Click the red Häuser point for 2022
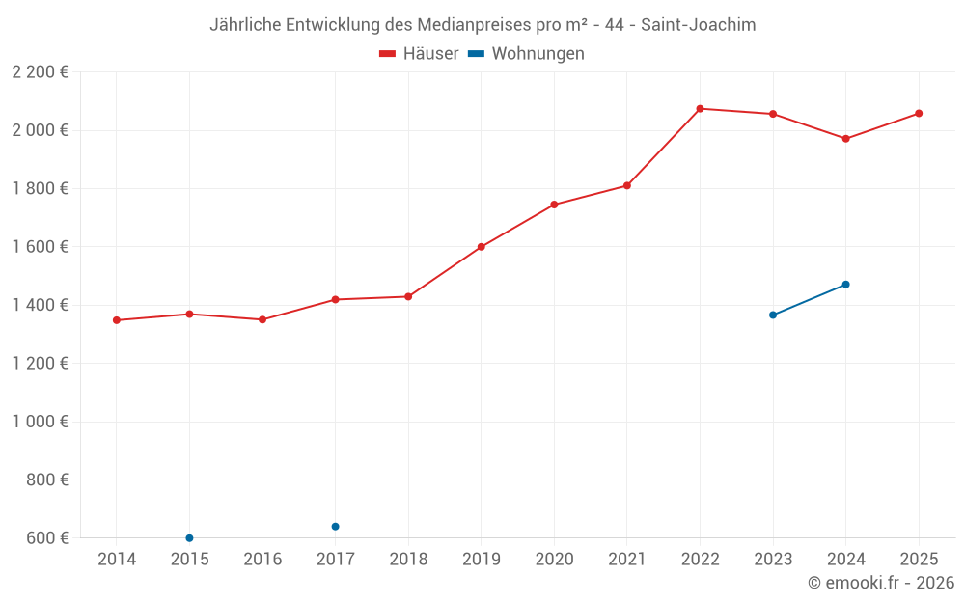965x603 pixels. (700, 109)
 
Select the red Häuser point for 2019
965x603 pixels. (482, 247)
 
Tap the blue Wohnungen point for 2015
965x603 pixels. (189, 538)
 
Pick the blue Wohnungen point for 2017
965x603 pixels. (335, 527)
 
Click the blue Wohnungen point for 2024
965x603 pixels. (845, 285)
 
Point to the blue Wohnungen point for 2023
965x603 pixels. (773, 315)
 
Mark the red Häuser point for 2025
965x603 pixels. (919, 114)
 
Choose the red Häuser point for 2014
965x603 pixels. (117, 320)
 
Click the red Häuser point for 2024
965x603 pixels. (845, 139)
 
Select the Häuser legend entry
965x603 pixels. (419, 54)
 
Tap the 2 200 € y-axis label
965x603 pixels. (40, 72)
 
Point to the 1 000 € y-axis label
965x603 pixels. (40, 422)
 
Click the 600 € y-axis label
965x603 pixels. (46, 538)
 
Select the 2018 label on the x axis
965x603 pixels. (408, 560)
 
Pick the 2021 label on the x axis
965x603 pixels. (626, 560)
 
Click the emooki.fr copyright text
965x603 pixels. (880, 583)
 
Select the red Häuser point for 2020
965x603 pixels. (554, 205)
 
